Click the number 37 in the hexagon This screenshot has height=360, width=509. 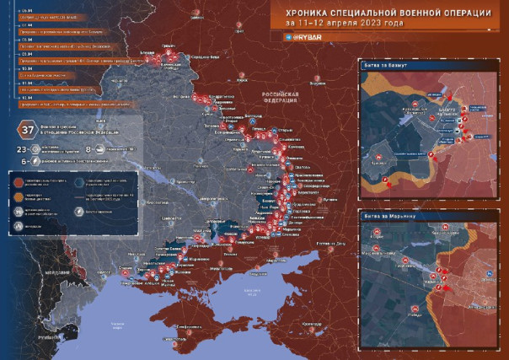coord(28,130)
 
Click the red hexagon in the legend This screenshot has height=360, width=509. coord(19,180)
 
